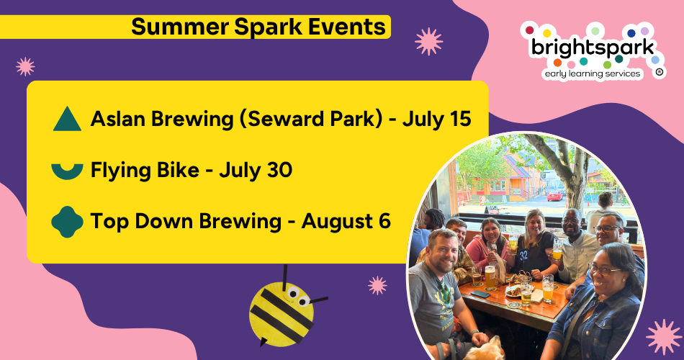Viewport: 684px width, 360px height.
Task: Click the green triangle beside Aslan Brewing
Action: pos(67,120)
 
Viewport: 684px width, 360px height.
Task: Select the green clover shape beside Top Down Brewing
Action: pos(67,222)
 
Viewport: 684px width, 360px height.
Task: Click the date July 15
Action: pos(436,119)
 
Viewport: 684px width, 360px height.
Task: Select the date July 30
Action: pos(256,170)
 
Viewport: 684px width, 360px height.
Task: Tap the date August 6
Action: pos(346,221)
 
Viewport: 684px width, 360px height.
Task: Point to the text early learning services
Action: pos(593,73)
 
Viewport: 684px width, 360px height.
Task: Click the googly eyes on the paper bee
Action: pos(297,296)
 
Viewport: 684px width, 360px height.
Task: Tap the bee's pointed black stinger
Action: pos(263,342)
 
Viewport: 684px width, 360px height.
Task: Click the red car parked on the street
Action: pos(554,195)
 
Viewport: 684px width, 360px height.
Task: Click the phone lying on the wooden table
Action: pos(480,294)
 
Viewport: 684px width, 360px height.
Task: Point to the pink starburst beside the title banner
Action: pos(428,42)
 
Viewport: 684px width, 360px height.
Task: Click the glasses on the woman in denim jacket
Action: pos(604,270)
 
